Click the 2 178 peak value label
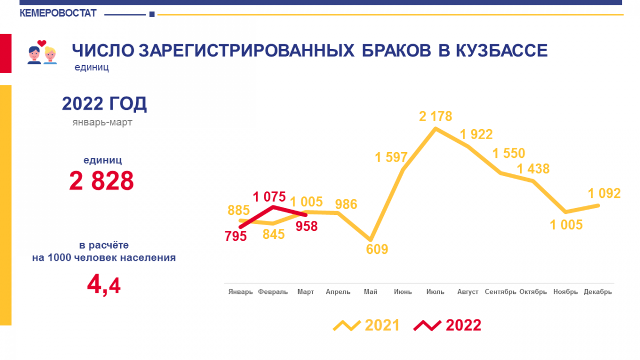click(435, 116)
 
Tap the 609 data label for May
click(377, 249)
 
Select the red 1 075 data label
click(269, 197)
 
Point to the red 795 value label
click(235, 236)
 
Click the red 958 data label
click(307, 226)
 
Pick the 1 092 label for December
click(604, 194)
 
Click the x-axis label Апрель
click(338, 292)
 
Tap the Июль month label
click(435, 292)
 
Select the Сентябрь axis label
click(500, 292)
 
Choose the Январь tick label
click(241, 292)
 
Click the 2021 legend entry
click(366, 325)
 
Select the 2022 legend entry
click(447, 325)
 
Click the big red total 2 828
click(101, 181)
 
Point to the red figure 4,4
click(103, 285)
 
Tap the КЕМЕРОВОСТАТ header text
click(58, 13)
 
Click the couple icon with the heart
click(42, 52)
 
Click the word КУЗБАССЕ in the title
click(501, 51)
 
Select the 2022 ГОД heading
click(105, 103)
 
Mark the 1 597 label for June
click(391, 157)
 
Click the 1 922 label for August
click(476, 134)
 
